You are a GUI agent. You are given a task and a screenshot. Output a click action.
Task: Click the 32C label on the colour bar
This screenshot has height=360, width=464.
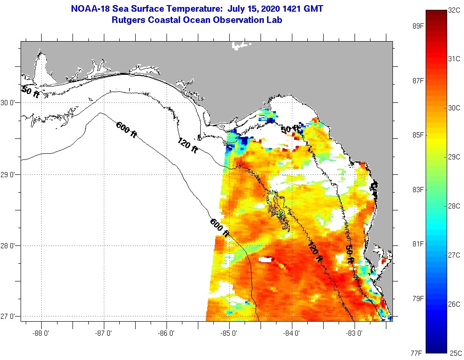[x=454, y=10]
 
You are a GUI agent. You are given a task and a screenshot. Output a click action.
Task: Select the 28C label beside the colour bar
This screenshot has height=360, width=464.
[x=454, y=206]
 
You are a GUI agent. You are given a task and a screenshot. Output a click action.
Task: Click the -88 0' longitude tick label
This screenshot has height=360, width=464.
[x=41, y=333]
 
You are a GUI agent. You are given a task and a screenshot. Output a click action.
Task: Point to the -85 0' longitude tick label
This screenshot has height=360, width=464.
[x=229, y=333]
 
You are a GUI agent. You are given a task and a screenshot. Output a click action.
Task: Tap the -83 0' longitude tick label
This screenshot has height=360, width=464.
[x=355, y=333]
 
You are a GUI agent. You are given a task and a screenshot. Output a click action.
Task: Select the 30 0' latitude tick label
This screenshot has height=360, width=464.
[x=8, y=102]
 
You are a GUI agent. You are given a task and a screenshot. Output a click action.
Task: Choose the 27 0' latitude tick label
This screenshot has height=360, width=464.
[x=8, y=317]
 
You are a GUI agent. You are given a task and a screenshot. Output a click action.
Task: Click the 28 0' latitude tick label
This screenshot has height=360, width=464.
[x=8, y=245]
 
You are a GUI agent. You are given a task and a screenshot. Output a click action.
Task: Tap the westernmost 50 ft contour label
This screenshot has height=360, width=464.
[x=30, y=91]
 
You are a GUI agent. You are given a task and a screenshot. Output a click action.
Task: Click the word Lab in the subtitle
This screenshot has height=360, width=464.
[x=275, y=20]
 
